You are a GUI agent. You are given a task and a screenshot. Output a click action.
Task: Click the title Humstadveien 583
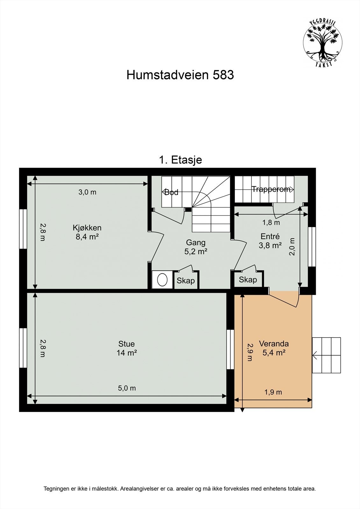coord(180,75)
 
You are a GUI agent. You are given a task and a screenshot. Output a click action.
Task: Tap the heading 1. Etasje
coord(180,160)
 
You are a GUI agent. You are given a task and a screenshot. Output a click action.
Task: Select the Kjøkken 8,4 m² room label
coord(87,232)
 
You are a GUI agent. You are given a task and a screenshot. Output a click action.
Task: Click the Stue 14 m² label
coord(127,348)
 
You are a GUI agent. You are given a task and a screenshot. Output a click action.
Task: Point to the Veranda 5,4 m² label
coord(274,348)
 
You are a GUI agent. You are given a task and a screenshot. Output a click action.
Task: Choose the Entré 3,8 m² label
coord(270,241)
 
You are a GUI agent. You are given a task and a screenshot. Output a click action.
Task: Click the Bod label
coord(171,192)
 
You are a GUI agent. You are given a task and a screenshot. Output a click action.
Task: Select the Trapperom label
coord(271,189)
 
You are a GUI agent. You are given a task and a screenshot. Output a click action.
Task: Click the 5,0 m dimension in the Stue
coord(127,388)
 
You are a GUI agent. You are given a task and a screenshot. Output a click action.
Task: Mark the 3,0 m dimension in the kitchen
coord(87,192)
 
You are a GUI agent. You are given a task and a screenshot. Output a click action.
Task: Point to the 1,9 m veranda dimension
coord(273,392)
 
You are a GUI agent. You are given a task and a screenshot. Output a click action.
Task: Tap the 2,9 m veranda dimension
coord(250,352)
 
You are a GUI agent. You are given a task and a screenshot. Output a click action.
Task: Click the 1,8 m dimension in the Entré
coord(271,223)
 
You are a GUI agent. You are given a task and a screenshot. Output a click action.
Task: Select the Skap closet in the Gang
coord(186,281)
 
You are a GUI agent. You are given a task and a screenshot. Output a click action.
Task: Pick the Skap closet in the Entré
coord(248,280)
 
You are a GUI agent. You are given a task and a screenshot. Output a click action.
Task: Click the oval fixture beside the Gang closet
coord(162,280)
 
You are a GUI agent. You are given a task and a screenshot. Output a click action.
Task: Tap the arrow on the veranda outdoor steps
coord(316,355)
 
